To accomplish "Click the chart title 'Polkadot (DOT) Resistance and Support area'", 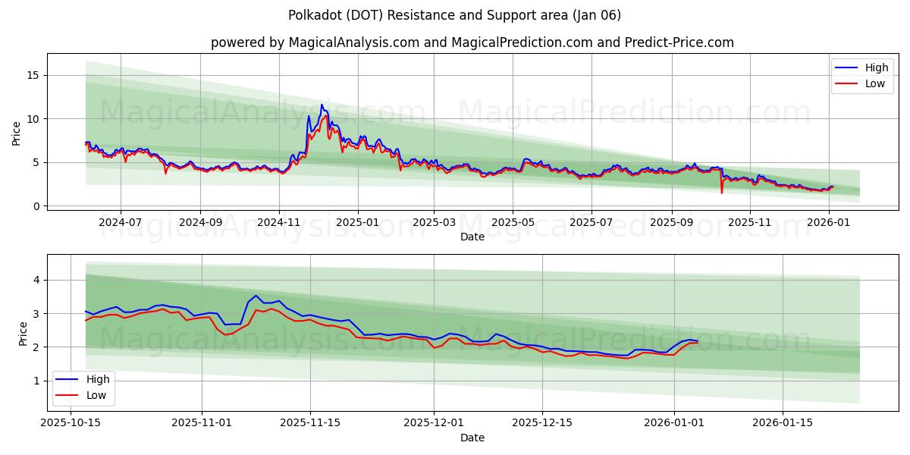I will tap(454, 15).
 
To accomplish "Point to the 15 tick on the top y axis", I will tap(32, 75).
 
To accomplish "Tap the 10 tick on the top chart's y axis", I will tap(32, 119).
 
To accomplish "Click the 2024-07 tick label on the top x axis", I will tap(121, 223).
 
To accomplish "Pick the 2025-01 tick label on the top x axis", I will tap(358, 223).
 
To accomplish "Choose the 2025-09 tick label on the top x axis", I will tap(671, 223).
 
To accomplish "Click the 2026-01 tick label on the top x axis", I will tap(829, 223).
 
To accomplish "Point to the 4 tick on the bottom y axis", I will tap(35, 280).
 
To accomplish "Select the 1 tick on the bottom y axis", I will tap(35, 381).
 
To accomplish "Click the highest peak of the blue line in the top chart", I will tap(322, 105).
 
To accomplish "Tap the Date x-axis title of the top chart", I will tap(472, 237).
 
